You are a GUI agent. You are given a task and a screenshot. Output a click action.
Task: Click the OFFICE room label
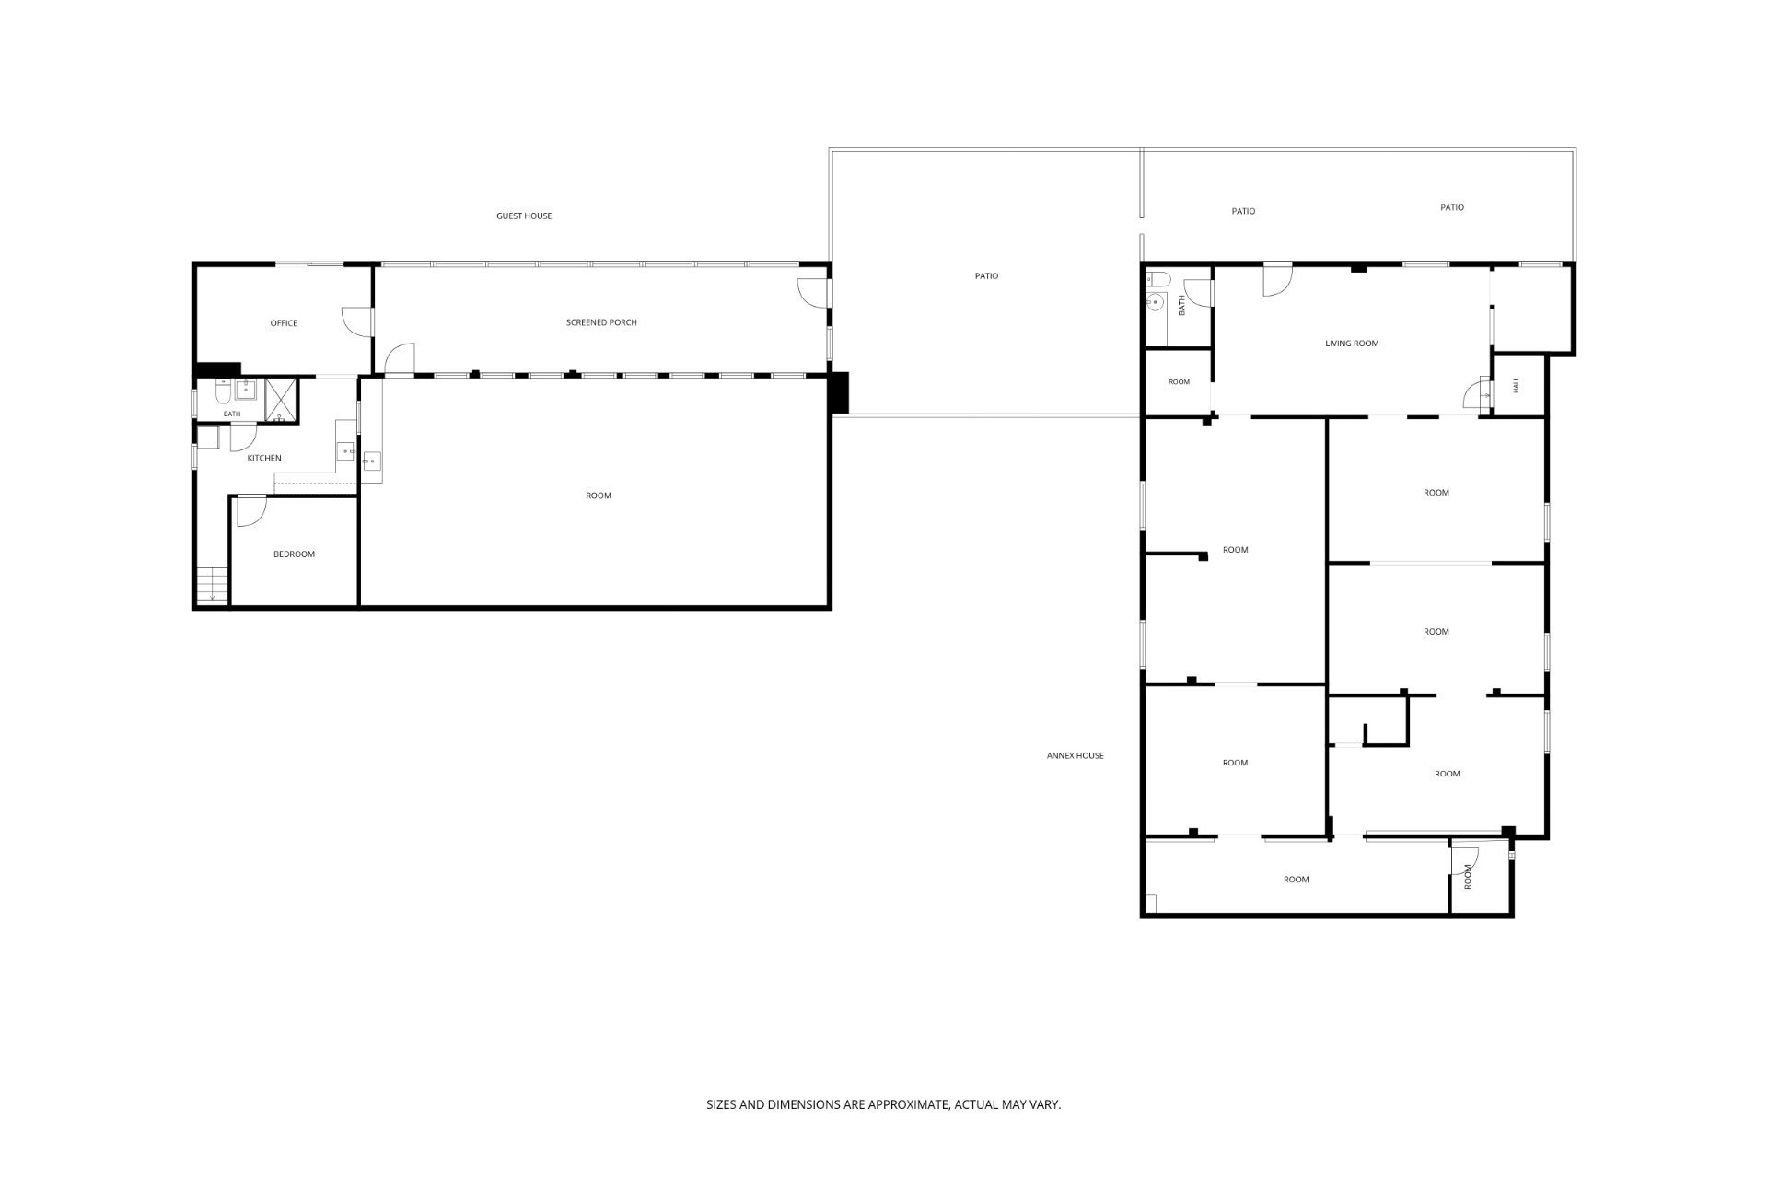284,323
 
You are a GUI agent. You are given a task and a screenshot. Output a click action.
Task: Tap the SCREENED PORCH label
601,322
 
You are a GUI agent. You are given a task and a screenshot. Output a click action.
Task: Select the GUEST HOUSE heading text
524,216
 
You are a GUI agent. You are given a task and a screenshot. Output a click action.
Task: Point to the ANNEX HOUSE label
1075,755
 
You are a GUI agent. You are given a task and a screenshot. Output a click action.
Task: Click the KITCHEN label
264,458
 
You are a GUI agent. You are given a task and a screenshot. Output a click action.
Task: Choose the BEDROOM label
294,554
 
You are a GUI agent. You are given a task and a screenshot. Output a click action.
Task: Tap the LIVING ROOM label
1352,344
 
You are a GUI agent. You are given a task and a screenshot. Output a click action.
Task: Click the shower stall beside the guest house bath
283,400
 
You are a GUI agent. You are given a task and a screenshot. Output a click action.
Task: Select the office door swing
357,321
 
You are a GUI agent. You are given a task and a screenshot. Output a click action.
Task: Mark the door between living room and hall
1477,394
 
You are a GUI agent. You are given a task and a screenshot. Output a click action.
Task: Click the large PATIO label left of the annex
986,276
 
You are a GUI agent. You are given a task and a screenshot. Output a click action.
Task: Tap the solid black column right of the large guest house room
839,392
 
